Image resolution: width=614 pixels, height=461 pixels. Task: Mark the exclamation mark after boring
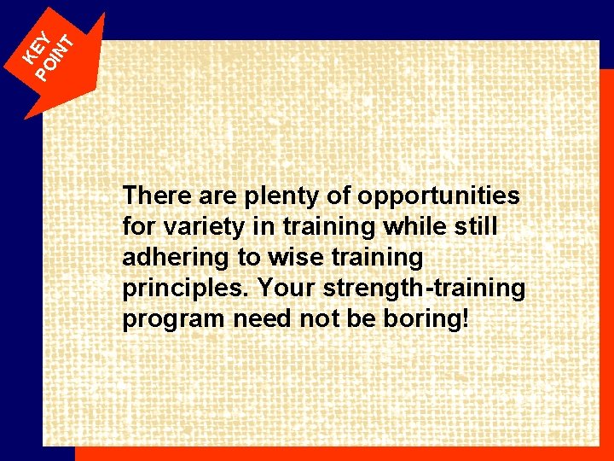466,319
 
